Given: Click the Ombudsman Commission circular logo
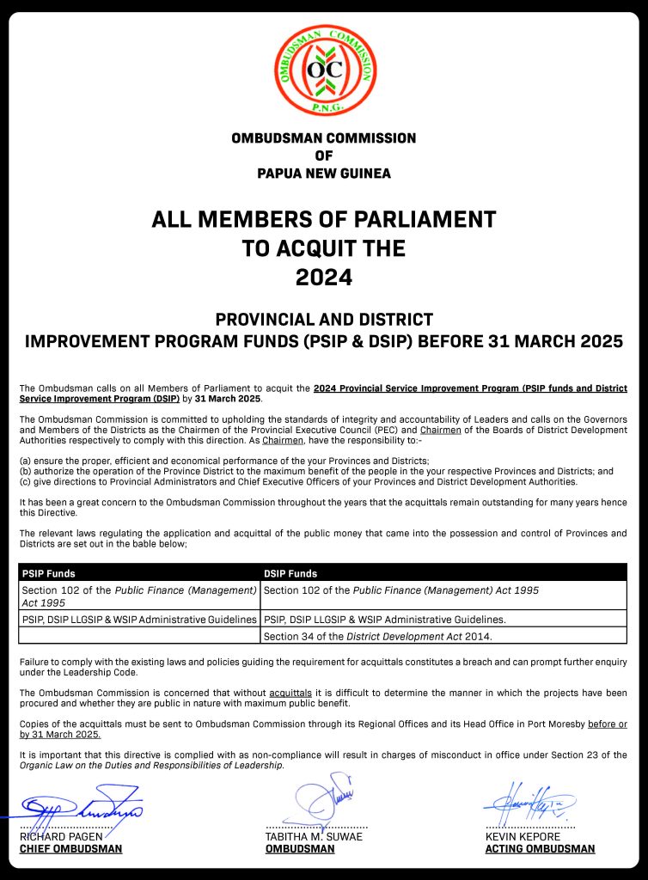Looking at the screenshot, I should pos(325,70).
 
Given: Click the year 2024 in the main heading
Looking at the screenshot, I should pos(324,278).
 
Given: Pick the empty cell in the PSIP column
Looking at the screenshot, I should pos(139,636).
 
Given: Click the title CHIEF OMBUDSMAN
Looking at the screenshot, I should pos(70,849).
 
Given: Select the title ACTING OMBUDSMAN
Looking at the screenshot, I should pos(540,849).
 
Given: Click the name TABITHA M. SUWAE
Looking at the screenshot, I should pos(314,836).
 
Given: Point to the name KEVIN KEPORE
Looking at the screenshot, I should pos(523,836).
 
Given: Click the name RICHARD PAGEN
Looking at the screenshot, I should pos(61,836).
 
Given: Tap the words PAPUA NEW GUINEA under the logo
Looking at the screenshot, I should pos(324,174).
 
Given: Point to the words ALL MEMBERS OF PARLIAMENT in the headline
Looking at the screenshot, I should pos(324,219).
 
